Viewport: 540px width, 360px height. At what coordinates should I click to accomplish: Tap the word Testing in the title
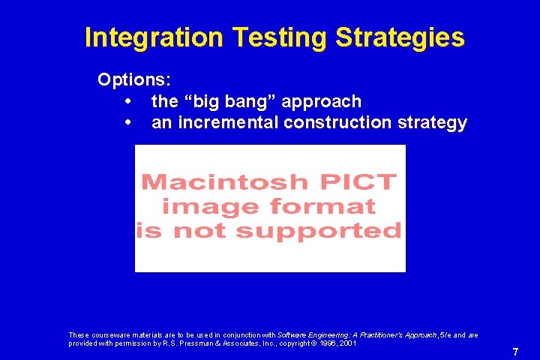[x=275, y=37]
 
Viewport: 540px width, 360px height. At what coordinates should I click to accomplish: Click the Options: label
[x=133, y=79]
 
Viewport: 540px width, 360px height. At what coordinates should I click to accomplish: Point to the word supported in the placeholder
[x=325, y=231]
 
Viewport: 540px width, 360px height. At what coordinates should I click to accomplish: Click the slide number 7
[x=515, y=352]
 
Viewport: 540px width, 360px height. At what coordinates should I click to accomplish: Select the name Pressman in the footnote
[x=207, y=343]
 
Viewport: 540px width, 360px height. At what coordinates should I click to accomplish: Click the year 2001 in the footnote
[x=346, y=343]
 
